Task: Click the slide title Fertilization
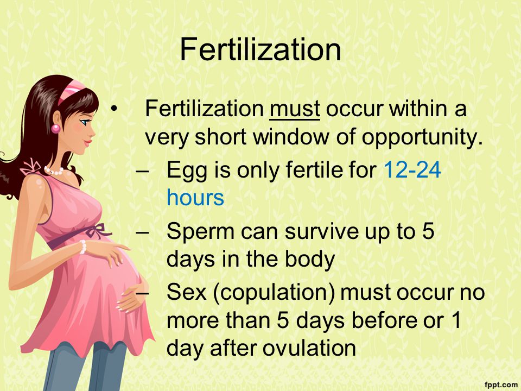click(260, 49)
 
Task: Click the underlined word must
click(295, 109)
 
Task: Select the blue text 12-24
click(412, 169)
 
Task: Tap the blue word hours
click(195, 198)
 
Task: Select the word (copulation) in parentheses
click(275, 293)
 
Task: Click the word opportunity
click(422, 137)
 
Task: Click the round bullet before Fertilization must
click(115, 109)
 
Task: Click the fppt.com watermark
click(500, 385)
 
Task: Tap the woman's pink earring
click(55, 128)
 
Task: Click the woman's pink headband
click(71, 91)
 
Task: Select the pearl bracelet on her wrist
click(82, 247)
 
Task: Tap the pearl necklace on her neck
click(54, 171)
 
